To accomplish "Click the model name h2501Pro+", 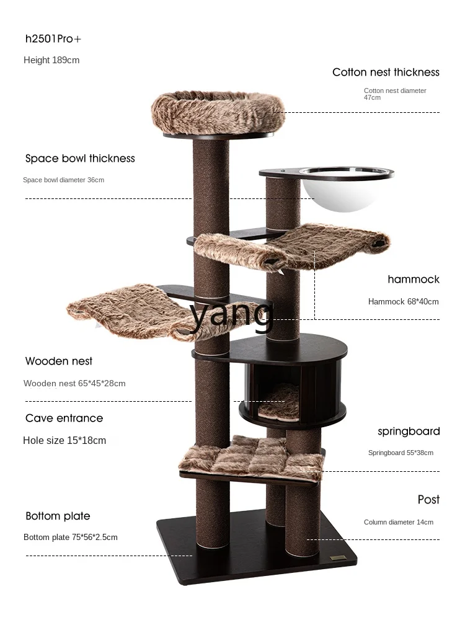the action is click(x=53, y=39).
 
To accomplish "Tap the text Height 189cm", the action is click(x=51, y=60).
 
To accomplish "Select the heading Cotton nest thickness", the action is click(x=386, y=73).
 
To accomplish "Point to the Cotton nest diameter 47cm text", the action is click(x=394, y=94).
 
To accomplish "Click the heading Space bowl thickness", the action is click(x=80, y=159).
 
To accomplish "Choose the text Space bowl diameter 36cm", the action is click(x=63, y=180).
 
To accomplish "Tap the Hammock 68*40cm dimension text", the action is click(x=403, y=302).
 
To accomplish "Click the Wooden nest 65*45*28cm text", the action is click(x=74, y=383).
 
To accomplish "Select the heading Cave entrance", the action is click(x=64, y=418).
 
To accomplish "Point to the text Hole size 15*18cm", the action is click(x=64, y=441).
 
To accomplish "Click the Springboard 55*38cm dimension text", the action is click(x=401, y=453).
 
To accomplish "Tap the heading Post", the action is click(x=428, y=500).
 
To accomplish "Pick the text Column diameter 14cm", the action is click(x=398, y=522).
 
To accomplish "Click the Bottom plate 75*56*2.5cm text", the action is click(x=70, y=537).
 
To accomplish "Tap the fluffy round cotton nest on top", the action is click(x=217, y=112).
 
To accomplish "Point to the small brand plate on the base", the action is click(x=338, y=557).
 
